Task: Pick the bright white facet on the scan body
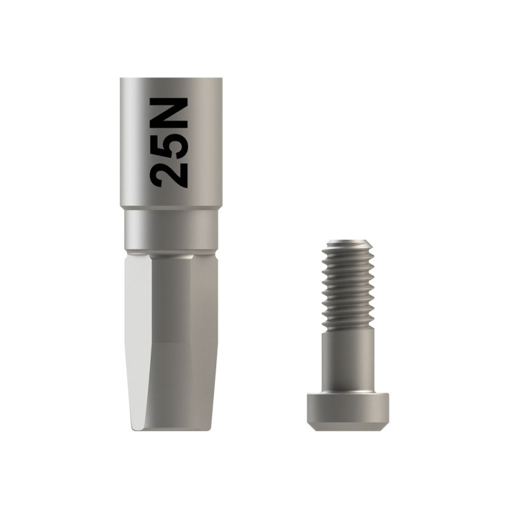pyautogui.click(x=139, y=344)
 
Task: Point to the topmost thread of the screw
pyautogui.click(x=347, y=249)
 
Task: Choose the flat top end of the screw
pyautogui.click(x=347, y=241)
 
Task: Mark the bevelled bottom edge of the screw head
pyautogui.click(x=347, y=426)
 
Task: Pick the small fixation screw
pyautogui.click(x=347, y=337)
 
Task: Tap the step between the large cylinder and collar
pyautogui.click(x=171, y=209)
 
